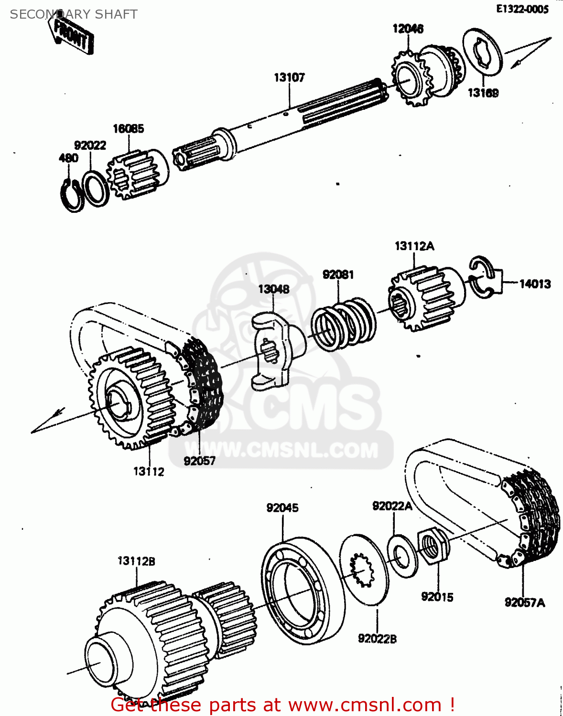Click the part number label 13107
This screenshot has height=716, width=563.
tap(289, 77)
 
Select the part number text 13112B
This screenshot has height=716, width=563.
tap(136, 561)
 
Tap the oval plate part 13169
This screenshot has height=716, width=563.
tap(482, 53)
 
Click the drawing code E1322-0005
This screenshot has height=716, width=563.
tap(522, 9)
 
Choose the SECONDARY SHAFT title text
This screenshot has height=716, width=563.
tap(74, 14)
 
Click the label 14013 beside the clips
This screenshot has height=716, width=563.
tap(535, 284)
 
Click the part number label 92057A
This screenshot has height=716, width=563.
tap(524, 602)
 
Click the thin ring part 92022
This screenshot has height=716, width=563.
tap(96, 189)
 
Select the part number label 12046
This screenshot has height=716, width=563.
tap(408, 29)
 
